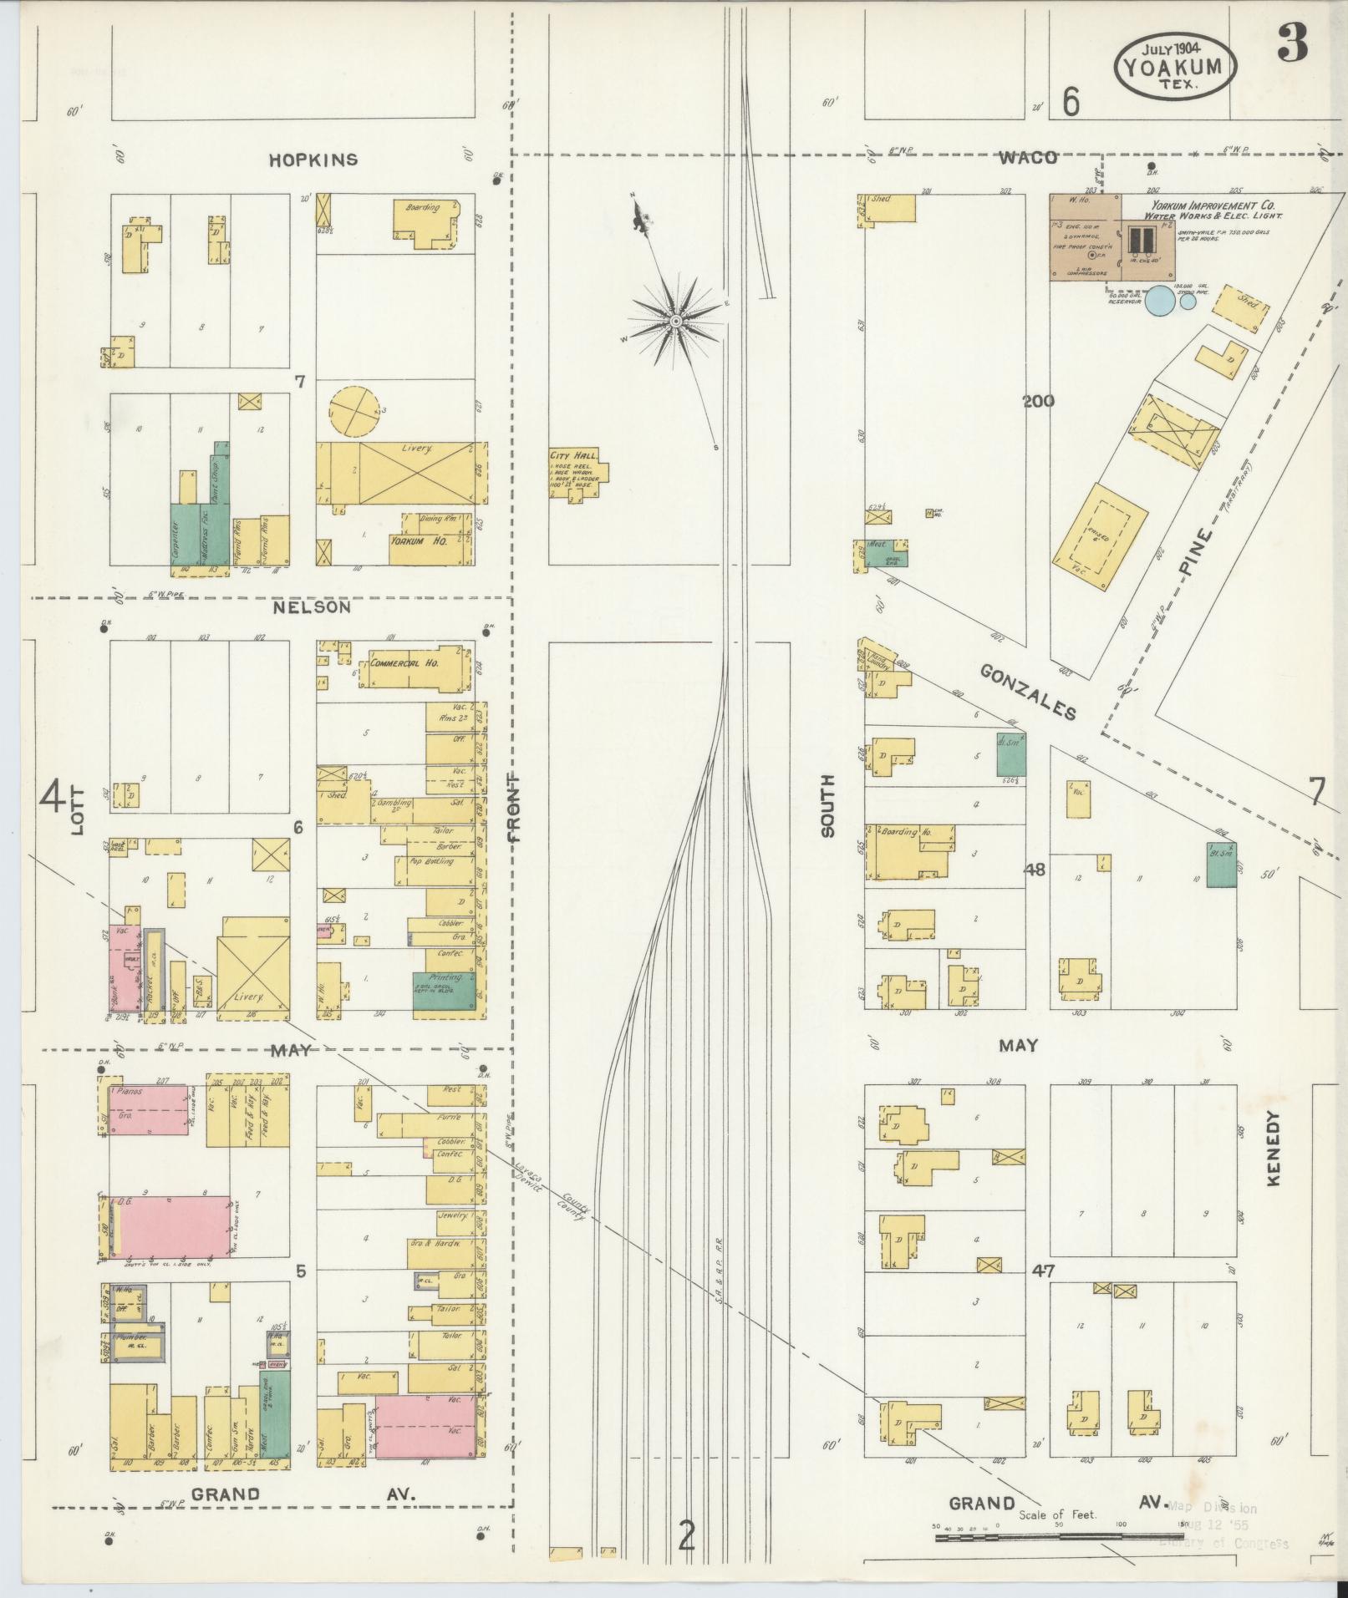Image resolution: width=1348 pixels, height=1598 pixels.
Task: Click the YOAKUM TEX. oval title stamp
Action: [x=1175, y=64]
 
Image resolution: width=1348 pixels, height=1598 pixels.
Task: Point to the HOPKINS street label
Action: [x=313, y=160]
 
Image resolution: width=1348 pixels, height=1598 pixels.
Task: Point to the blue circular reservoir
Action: [x=1159, y=300]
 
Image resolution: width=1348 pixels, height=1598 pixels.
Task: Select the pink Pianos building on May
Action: [x=147, y=1108]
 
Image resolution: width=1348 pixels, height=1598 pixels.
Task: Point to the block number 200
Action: [x=1038, y=401]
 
